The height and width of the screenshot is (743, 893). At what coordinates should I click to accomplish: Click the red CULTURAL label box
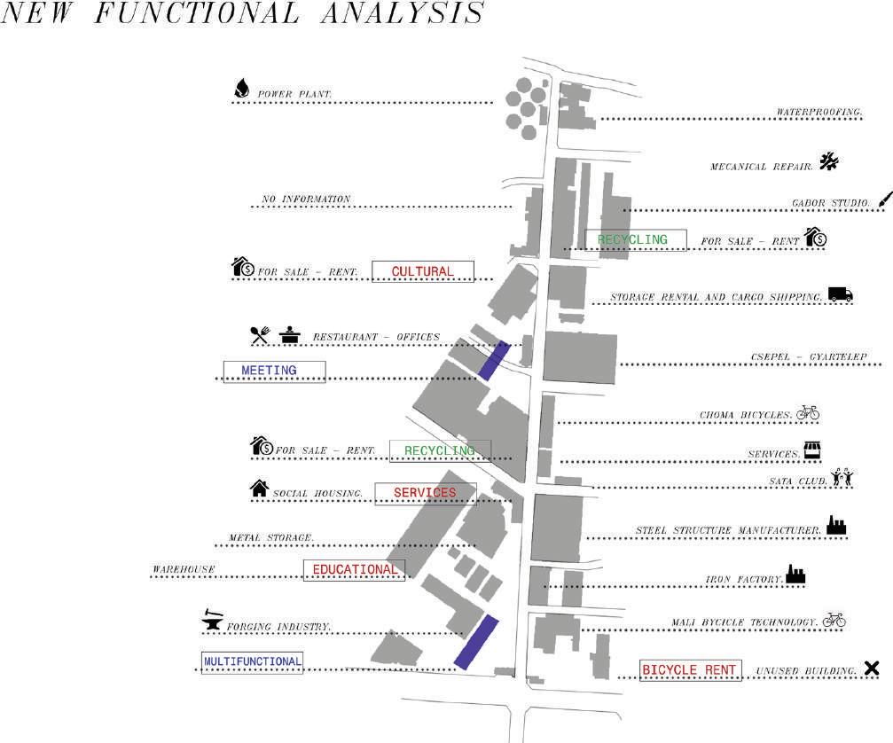coord(423,271)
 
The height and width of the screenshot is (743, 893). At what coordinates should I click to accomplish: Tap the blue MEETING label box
coord(274,371)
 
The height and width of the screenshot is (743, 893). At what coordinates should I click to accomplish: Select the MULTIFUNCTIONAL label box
coord(253,661)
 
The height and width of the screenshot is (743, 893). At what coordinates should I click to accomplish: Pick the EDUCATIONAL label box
coord(354,569)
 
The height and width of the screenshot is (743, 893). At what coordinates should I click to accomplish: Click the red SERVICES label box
coord(425,493)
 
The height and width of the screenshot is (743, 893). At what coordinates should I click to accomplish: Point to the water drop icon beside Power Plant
coord(241,89)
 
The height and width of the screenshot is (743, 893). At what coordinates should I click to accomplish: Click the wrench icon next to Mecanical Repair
coord(828,161)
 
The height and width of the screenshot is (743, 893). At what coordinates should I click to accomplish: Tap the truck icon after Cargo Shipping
coord(840,294)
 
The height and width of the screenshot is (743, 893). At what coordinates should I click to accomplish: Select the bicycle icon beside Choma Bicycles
coord(807,412)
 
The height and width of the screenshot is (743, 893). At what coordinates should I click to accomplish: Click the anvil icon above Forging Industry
coord(213,619)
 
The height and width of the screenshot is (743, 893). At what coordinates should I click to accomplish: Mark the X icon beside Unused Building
coord(872,669)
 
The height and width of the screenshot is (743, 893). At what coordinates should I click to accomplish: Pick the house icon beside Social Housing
coord(259,488)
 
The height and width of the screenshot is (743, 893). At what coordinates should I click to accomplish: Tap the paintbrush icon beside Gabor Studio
coord(885,200)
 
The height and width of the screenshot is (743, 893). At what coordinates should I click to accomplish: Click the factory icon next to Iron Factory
coord(795,575)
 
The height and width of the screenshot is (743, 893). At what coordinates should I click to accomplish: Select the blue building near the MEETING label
coord(494,360)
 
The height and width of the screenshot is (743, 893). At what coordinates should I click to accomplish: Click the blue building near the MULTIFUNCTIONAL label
coord(476,641)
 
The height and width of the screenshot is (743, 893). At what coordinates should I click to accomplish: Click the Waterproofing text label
coord(819,113)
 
